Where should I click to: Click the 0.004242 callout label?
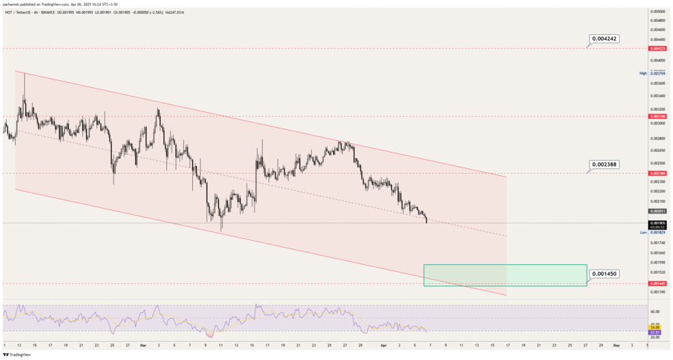604,39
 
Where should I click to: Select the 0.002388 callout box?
604,164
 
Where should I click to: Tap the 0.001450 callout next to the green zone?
604,274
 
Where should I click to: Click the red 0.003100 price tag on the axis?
657,117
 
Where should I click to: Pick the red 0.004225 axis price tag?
657,49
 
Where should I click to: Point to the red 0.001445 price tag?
657,283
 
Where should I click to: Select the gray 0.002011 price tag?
657,211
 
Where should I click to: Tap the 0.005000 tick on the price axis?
658,12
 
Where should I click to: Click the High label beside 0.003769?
643,73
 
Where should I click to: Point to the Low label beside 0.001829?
643,233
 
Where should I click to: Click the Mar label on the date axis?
142,346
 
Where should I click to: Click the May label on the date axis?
616,346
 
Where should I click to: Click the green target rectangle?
505,274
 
